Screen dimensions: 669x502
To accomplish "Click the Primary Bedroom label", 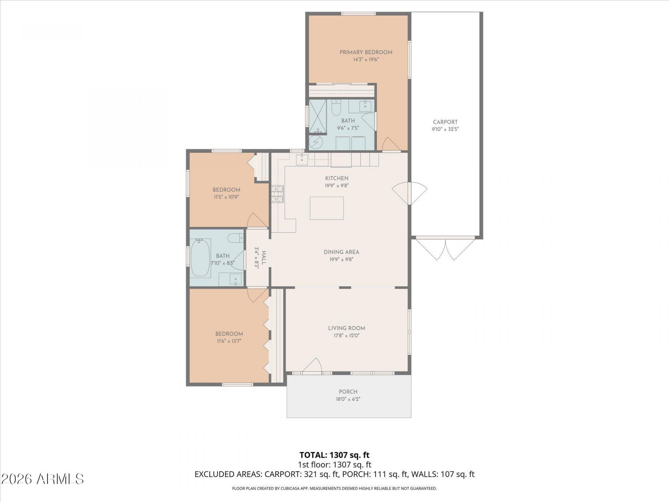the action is pos(366,52).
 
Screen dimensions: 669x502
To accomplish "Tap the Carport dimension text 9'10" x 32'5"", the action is pos(445,129).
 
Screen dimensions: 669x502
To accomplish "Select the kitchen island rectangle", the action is pos(327,208).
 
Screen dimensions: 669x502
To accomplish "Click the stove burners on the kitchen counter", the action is pos(278,194).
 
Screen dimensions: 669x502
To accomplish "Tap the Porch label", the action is pos(348,392).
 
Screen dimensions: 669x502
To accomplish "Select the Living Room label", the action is pos(347,328).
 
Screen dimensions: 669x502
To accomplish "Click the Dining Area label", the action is pos(341,252).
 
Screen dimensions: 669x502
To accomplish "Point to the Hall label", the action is pos(264,258).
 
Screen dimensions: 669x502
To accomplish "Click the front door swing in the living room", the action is pos(312,366).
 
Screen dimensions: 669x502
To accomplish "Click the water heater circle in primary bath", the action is pos(316,142).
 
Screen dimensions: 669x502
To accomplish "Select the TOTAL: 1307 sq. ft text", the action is pos(334,455).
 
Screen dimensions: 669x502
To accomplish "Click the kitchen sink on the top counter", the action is pos(302,159).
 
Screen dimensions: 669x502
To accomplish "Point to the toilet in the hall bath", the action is pos(236,238).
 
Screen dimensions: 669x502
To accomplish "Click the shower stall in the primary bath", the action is pos(318,116).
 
